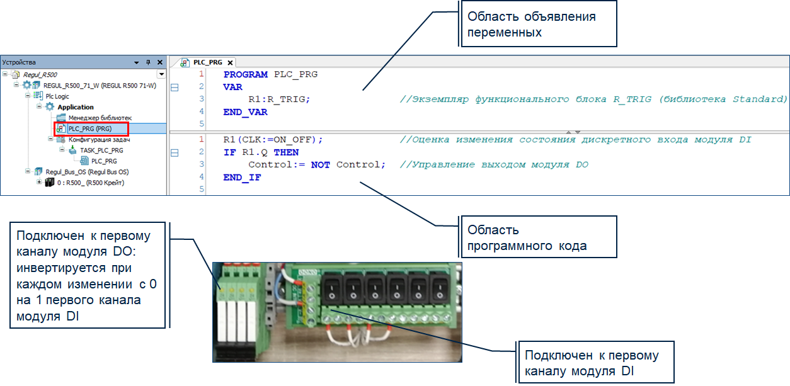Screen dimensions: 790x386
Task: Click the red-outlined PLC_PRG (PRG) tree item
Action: tap(91, 128)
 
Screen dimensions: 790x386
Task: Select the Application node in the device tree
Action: tap(76, 107)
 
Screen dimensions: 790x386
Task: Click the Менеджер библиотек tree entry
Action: tap(100, 118)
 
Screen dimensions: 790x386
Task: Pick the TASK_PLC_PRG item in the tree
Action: tap(101, 150)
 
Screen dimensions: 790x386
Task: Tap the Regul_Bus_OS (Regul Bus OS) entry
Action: tap(87, 172)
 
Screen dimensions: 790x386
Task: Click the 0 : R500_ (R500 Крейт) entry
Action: tap(91, 183)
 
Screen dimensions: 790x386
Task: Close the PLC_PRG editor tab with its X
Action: tap(231, 63)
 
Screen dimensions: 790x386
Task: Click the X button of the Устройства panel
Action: tap(160, 62)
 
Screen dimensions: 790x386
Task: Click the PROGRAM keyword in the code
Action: tap(246, 74)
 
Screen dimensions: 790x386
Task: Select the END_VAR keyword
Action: tap(245, 112)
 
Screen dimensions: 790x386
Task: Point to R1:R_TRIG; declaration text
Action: tap(279, 99)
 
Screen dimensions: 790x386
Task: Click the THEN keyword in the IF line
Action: tap(286, 152)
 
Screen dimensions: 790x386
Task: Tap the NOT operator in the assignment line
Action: tap(320, 165)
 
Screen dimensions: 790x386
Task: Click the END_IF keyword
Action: tap(242, 178)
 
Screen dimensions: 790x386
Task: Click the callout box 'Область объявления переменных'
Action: tap(539, 24)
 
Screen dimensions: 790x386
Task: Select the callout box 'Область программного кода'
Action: tap(539, 237)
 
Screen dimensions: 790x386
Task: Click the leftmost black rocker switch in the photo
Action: tap(331, 288)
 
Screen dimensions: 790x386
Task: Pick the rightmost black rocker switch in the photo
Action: tap(440, 288)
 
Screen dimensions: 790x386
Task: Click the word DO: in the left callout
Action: tap(125, 252)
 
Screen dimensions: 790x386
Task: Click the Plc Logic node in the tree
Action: tap(57, 96)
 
